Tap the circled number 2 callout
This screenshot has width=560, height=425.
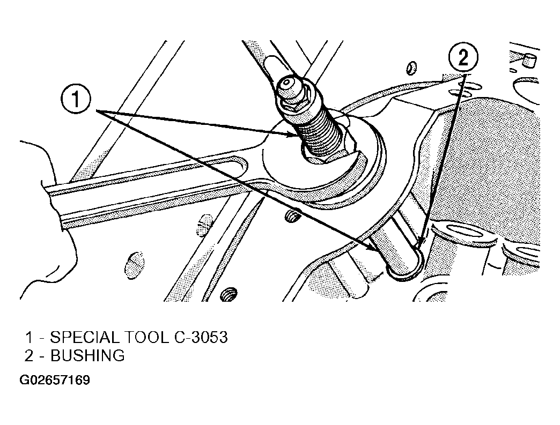(x=463, y=58)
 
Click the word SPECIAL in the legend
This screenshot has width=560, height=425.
(x=84, y=337)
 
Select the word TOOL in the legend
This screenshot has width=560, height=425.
(x=146, y=337)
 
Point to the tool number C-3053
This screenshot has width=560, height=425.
(x=201, y=337)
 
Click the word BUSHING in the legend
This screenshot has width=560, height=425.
(x=87, y=356)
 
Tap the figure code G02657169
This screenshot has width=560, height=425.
(x=55, y=380)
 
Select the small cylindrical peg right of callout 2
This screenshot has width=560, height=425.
(x=528, y=61)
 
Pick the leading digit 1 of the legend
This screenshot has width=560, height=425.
(x=28, y=338)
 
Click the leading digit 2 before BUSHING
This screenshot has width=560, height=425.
(x=28, y=356)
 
